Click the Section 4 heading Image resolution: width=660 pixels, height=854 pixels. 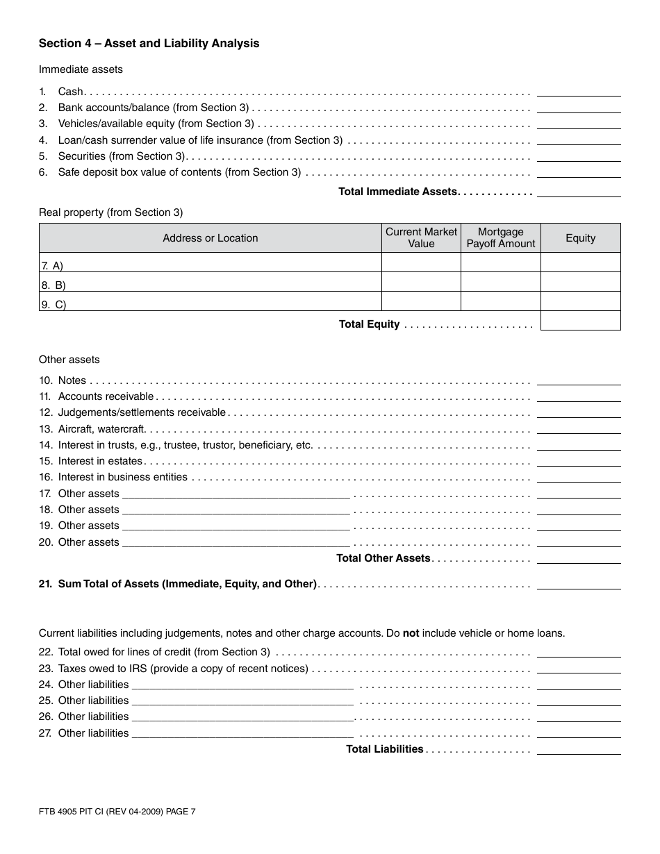149,44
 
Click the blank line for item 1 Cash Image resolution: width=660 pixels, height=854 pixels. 579,92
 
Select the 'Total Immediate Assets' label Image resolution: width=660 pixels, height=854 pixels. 397,192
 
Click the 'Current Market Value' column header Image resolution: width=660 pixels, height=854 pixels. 421,238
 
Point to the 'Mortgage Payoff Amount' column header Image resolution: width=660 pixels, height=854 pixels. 501,238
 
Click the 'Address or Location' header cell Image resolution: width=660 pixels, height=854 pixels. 210,238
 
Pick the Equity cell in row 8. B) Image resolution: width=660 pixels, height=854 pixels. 580,282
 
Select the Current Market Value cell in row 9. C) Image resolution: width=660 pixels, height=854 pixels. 421,301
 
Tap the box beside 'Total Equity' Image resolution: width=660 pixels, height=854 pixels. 580,321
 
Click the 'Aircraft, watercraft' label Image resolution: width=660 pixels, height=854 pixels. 101,429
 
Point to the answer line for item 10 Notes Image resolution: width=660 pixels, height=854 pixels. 579,380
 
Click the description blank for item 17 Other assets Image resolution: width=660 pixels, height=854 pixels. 236,494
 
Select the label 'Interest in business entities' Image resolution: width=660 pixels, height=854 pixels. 122,477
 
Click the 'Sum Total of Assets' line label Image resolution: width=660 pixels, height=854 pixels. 187,584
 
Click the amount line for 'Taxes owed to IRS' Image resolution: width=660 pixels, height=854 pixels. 579,669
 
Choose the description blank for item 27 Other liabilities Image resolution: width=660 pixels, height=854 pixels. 242,734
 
